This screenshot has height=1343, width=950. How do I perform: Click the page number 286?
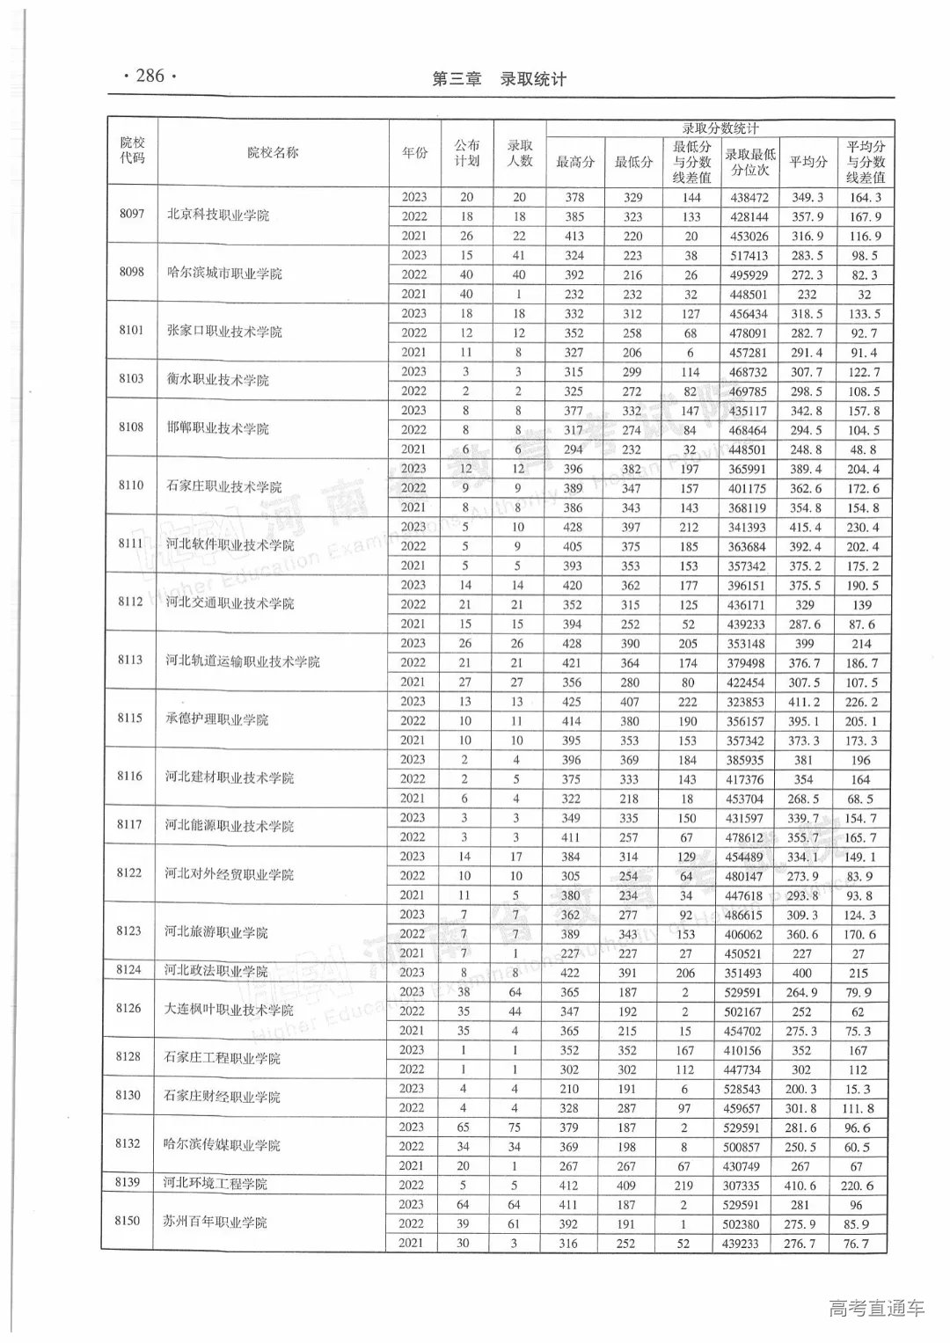[150, 77]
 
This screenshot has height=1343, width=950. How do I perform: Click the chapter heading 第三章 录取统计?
[498, 79]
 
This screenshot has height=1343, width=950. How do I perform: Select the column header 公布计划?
[466, 153]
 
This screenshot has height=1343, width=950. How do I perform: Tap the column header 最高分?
[574, 162]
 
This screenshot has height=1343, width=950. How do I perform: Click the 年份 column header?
[414, 153]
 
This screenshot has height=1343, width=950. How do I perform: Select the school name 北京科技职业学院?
[218, 216]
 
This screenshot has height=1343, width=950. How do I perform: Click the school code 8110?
[130, 485]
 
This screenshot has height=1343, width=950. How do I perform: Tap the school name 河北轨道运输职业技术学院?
[243, 661]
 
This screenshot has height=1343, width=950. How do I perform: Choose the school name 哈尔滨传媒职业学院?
[223, 1145]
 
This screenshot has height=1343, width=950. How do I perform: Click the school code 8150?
[128, 1221]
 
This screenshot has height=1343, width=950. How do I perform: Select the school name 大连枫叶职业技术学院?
[229, 1010]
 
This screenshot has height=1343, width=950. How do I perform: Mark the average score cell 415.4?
[806, 528]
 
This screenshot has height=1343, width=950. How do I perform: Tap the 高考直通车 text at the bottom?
[876, 1309]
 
